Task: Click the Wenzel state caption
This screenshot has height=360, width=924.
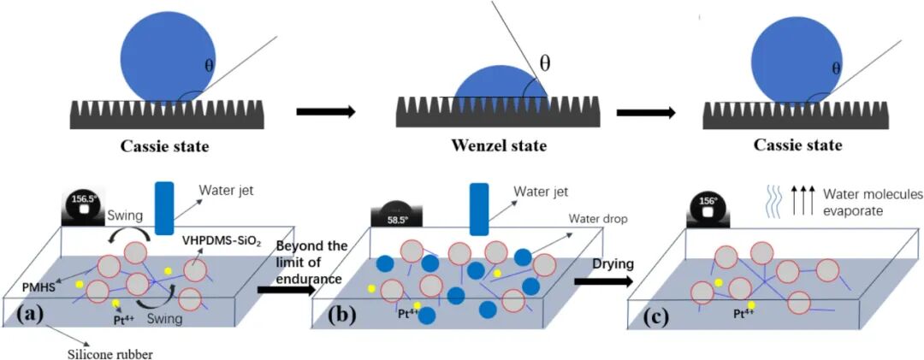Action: tap(500, 146)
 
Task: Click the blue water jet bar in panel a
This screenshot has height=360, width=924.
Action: tap(164, 206)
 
